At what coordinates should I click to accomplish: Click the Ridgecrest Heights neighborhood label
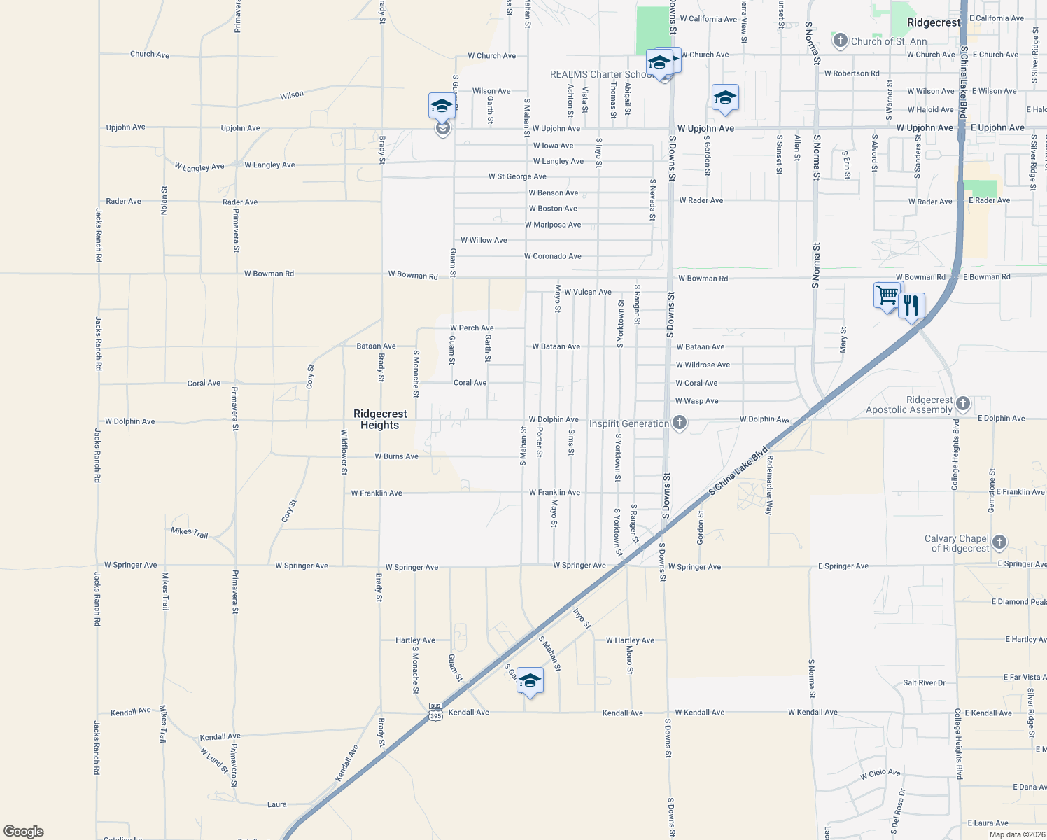tap(380, 419)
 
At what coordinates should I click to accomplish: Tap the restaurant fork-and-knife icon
tap(911, 306)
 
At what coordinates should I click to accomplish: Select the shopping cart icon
tap(887, 295)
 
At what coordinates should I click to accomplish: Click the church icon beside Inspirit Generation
tap(679, 423)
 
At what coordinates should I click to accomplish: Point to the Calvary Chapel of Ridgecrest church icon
tap(999, 542)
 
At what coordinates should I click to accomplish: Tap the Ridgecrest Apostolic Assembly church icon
tap(963, 403)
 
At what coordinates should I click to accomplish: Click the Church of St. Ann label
tap(889, 41)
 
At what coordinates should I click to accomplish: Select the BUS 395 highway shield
tap(435, 711)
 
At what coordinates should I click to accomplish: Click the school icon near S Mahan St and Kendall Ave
tap(530, 680)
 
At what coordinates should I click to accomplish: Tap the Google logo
tap(24, 831)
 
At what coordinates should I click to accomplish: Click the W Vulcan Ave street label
tap(588, 292)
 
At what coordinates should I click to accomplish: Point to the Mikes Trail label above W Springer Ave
tap(190, 533)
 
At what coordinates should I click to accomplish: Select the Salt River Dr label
tap(924, 682)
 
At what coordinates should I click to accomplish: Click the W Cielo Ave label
tap(880, 774)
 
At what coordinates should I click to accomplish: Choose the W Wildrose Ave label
tap(703, 365)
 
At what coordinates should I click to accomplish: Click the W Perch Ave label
tap(472, 328)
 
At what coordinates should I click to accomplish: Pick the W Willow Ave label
tap(484, 240)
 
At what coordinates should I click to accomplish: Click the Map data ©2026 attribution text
tap(1014, 834)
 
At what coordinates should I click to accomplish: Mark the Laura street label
tap(277, 804)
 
